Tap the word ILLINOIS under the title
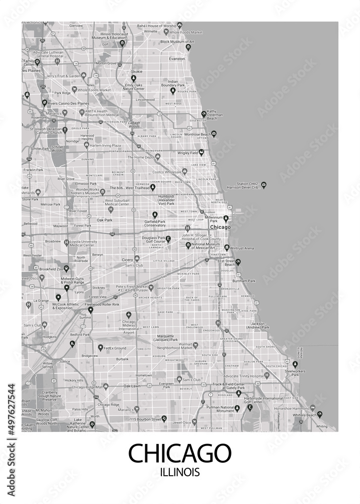[x=179, y=473]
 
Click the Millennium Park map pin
[x=226, y=218]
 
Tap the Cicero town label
[x=127, y=260]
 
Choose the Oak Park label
[x=104, y=220]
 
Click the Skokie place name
[x=137, y=72]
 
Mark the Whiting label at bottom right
[x=322, y=426]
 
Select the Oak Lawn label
[x=132, y=386]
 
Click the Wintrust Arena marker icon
[x=227, y=247]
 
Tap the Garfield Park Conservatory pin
[x=155, y=214]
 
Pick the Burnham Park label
[x=244, y=280]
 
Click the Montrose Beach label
[x=198, y=135]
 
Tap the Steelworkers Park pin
[x=295, y=364]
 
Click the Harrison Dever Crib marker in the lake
[x=264, y=185]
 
